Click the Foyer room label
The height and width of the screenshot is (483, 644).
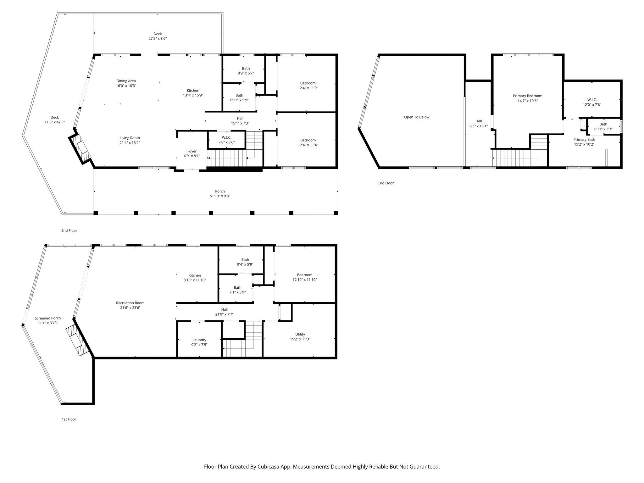click(192, 151)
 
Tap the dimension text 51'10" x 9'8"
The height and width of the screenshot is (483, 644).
click(220, 196)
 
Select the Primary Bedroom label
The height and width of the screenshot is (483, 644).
click(528, 96)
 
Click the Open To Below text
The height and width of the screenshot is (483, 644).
click(417, 117)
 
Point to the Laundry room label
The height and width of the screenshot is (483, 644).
click(199, 340)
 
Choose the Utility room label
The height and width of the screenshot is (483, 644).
click(300, 334)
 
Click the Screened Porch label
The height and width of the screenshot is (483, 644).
click(48, 318)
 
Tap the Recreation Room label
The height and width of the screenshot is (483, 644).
click(130, 303)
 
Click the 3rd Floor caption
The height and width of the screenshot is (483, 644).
click(386, 183)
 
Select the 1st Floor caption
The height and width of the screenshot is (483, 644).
click(69, 419)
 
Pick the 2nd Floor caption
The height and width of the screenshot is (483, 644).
click(69, 230)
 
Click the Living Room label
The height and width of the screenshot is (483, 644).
click(130, 138)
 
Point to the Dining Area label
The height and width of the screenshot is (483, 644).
click(126, 81)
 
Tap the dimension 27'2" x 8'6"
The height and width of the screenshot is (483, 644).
click(158, 39)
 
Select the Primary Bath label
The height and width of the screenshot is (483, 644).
click(584, 140)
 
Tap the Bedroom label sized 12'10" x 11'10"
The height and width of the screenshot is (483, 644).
click(305, 275)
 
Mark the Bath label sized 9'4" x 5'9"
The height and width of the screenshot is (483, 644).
click(245, 260)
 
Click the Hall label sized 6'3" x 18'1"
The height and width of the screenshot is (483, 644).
click(479, 121)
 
